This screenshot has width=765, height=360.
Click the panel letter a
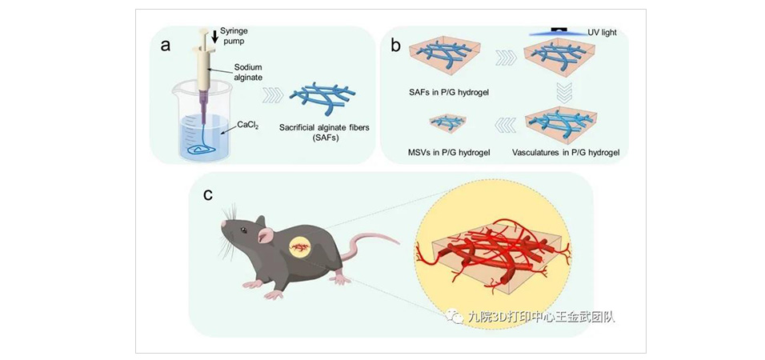166,45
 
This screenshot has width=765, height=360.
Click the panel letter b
395,45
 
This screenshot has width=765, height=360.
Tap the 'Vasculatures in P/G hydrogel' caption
567,150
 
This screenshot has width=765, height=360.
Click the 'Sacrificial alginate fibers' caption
325,131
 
